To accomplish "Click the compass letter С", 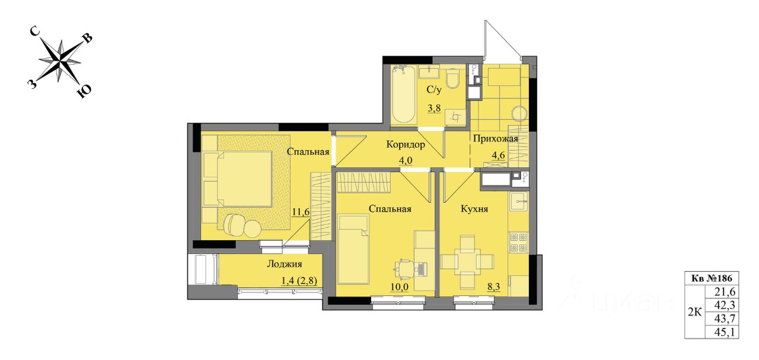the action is (x=35, y=31).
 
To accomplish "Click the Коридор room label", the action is (x=406, y=145).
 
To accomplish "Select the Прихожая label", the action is (x=495, y=139).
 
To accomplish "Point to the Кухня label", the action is (x=474, y=209).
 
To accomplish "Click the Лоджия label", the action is (x=284, y=264).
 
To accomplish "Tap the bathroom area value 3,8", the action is (x=434, y=108).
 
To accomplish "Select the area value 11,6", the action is (x=301, y=212).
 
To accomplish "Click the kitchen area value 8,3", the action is (x=493, y=287).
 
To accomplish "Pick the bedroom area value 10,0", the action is (x=399, y=287).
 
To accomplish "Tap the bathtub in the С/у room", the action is (x=404, y=95).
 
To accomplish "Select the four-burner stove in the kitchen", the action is (x=519, y=242).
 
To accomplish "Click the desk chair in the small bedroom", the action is (x=404, y=269).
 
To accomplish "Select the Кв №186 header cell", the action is (x=711, y=278).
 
